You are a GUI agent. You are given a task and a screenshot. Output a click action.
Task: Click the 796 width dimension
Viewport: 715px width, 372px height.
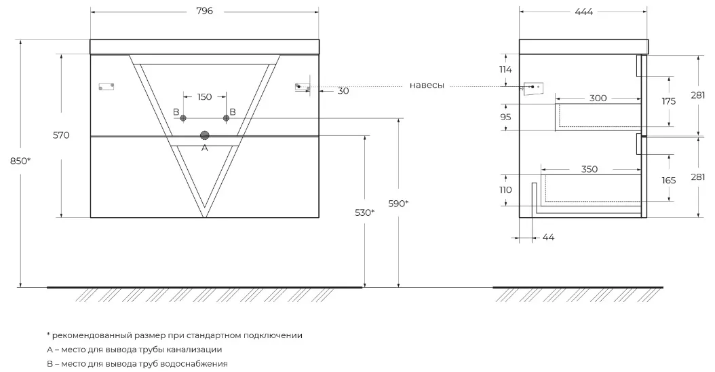pyautogui.click(x=204, y=12)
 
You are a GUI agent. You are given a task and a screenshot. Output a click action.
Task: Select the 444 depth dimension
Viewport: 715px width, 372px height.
pyautogui.click(x=583, y=12)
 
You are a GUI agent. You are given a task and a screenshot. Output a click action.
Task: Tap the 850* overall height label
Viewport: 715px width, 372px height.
pyautogui.click(x=20, y=161)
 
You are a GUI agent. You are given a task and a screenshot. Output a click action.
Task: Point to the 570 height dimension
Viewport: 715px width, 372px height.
pyautogui.click(x=61, y=135)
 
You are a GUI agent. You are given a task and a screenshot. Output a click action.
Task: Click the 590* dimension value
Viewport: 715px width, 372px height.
pyautogui.click(x=398, y=203)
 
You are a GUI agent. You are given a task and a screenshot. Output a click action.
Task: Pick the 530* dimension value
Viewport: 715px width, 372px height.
pyautogui.click(x=364, y=212)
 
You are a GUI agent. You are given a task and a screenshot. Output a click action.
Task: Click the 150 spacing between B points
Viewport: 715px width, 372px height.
pyautogui.click(x=204, y=97)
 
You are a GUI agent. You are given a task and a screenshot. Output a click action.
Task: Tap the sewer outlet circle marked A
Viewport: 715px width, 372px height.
pyautogui.click(x=204, y=136)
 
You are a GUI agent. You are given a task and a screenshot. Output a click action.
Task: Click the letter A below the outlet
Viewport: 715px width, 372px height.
pyautogui.click(x=204, y=147)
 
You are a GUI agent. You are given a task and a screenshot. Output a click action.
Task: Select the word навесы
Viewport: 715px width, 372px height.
pyautogui.click(x=427, y=86)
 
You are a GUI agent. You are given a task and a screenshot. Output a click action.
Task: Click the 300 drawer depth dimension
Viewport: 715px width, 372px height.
pyautogui.click(x=598, y=98)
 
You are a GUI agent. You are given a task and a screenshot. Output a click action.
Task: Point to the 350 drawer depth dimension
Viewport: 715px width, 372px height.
pyautogui.click(x=590, y=169)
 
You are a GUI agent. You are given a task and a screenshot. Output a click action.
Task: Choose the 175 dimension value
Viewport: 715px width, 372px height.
pyautogui.click(x=669, y=101)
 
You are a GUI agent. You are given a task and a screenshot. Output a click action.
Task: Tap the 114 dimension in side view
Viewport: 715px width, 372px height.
pyautogui.click(x=505, y=69)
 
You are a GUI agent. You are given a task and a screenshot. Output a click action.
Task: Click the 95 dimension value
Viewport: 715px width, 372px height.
pyautogui.click(x=505, y=117)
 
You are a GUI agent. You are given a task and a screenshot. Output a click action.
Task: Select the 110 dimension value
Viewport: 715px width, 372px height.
pyautogui.click(x=505, y=190)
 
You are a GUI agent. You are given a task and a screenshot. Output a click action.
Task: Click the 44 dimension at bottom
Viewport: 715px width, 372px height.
pyautogui.click(x=548, y=237)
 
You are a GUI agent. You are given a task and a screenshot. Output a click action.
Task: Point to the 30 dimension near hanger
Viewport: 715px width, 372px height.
pyautogui.click(x=343, y=91)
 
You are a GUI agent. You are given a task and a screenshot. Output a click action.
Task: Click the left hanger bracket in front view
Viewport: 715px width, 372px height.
pyautogui.click(x=107, y=86)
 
